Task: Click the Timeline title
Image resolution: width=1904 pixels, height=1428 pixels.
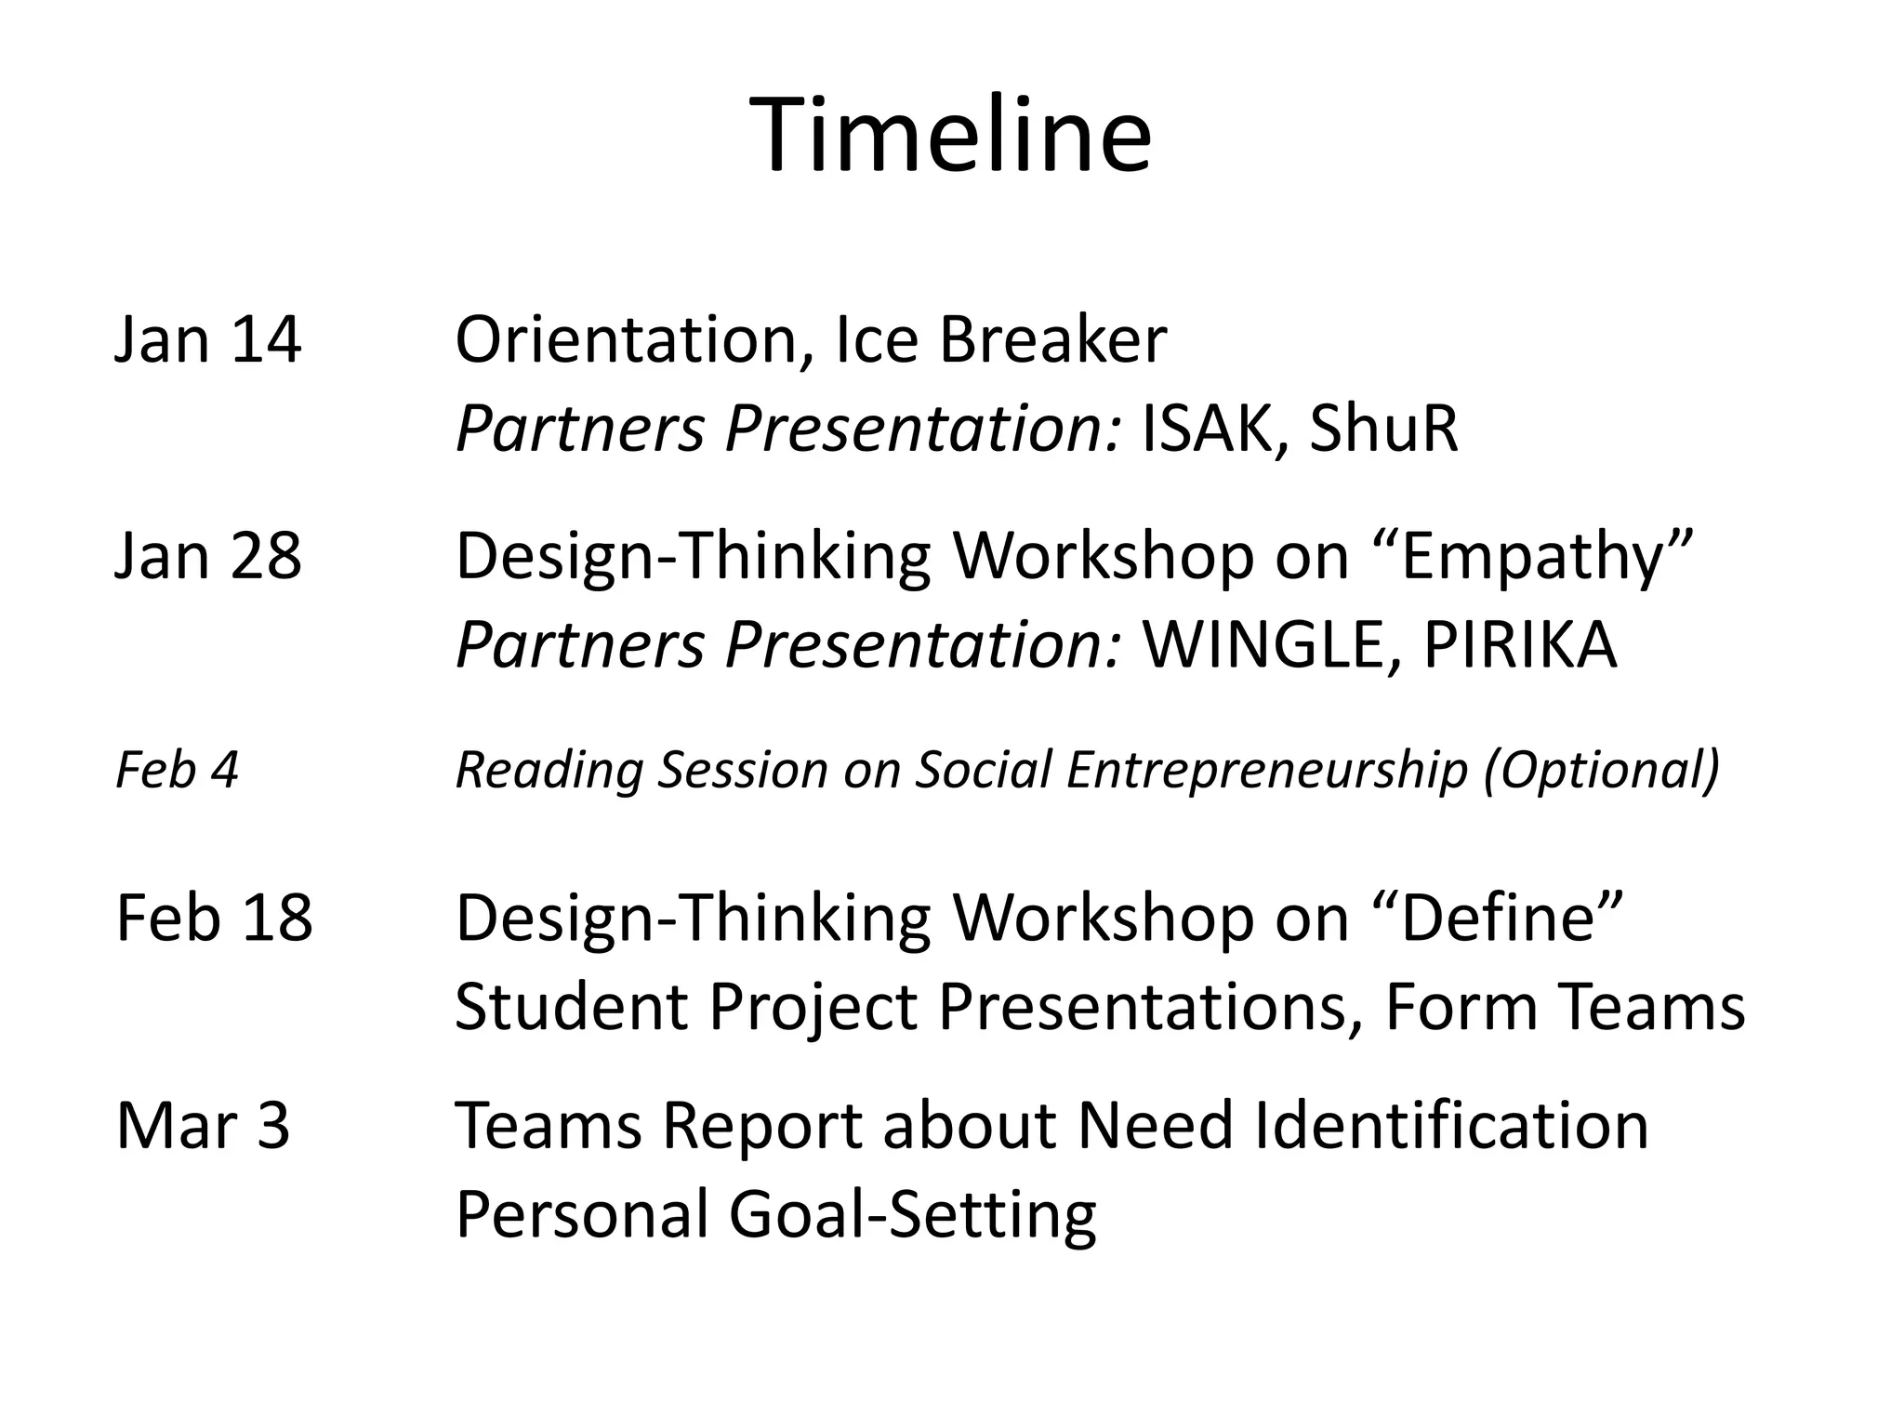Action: pyautogui.click(x=950, y=136)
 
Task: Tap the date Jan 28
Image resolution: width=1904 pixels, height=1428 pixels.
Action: pyautogui.click(x=208, y=556)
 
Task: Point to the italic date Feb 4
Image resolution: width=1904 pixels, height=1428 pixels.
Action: pyautogui.click(x=177, y=770)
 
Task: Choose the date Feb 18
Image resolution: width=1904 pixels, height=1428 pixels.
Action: pyautogui.click(x=214, y=918)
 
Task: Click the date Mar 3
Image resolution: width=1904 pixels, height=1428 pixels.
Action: pyautogui.click(x=203, y=1125)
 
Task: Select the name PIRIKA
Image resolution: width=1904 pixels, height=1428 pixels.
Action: pyautogui.click(x=1519, y=644)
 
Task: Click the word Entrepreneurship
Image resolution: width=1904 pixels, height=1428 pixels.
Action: pyautogui.click(x=1266, y=772)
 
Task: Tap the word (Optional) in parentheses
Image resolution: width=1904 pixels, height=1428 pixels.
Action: pyautogui.click(x=1601, y=772)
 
